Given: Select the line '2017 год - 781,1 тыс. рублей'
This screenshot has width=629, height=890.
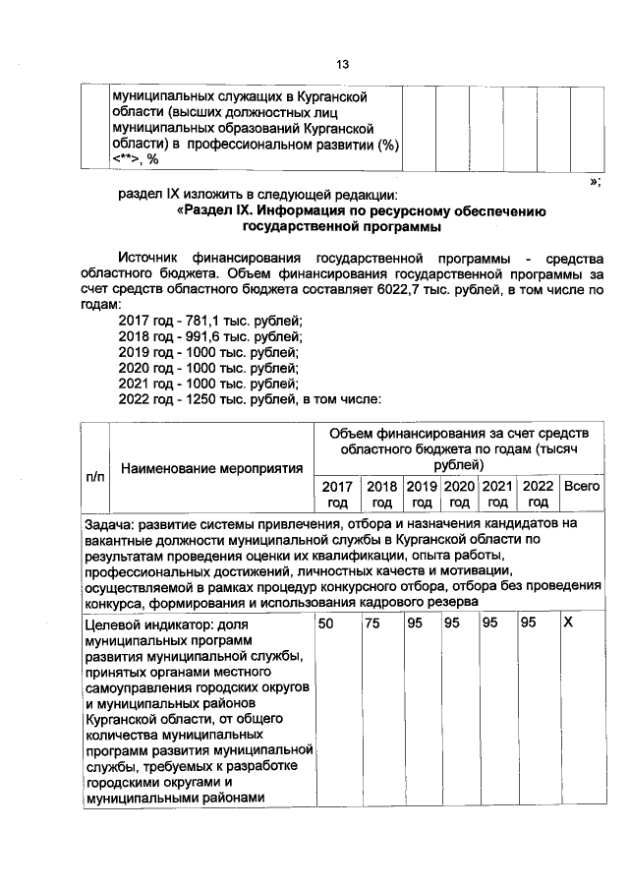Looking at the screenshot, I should click(210, 321).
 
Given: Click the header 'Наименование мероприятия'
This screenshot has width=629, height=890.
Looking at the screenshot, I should click(211, 469).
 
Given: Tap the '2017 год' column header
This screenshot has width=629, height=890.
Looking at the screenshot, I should click(336, 494).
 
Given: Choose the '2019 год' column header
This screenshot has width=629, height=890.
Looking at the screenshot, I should click(422, 494).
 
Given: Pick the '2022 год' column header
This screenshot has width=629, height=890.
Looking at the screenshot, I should click(538, 494).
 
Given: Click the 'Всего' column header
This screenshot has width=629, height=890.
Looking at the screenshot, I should click(581, 486).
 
